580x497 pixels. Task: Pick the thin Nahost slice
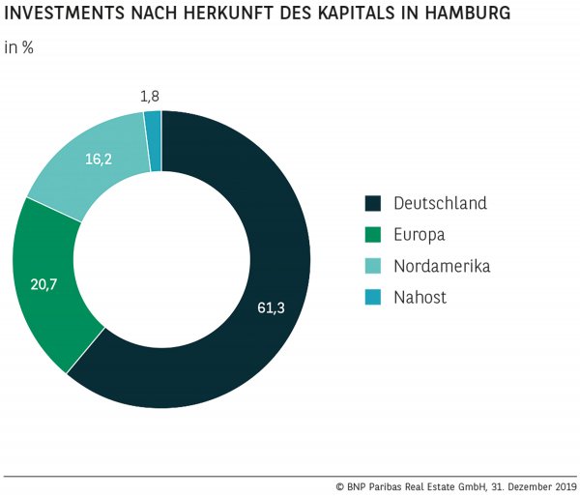coord(153,141)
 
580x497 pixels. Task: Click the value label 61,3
coord(272,307)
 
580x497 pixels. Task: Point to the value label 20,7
coord(44,286)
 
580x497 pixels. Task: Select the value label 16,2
coord(99,159)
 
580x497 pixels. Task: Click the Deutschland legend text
coord(440,203)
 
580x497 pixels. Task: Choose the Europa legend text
coord(420,234)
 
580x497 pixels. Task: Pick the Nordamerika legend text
coord(442,266)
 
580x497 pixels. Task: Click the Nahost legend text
coord(420,297)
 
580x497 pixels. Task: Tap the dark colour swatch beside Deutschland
coord(373,203)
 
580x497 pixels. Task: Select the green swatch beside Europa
coord(373,235)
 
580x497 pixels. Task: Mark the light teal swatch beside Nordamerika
coord(373,266)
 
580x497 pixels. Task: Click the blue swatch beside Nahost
coord(373,297)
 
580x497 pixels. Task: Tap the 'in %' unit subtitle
coord(19,47)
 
